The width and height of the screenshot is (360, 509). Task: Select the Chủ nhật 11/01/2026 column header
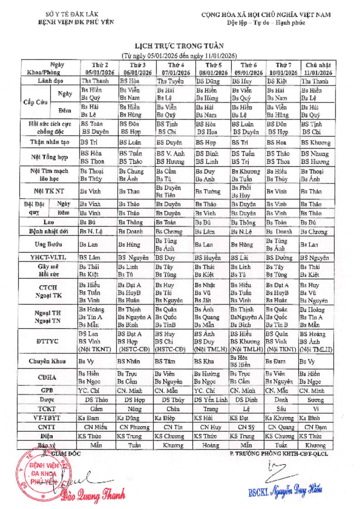click(315, 68)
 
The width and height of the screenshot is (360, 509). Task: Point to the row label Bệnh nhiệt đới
click(49, 232)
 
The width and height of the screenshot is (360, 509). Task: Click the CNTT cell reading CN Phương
click(134, 427)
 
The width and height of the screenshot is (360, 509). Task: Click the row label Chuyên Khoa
click(49, 361)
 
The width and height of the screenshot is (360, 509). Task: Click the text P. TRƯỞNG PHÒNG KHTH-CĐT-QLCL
click(279, 453)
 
